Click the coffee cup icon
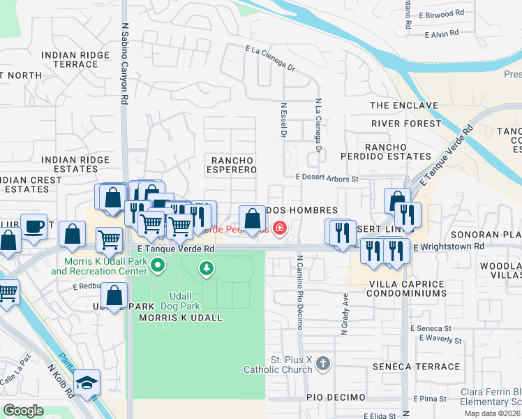tap(33, 226)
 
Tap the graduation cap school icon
tap(87, 382)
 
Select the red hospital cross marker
tap(280, 228)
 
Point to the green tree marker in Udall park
tap(206, 267)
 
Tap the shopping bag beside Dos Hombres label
tap(252, 218)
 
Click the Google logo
tap(23, 410)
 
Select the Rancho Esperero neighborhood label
tap(230, 165)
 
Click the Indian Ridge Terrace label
tap(75, 59)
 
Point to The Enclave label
tap(404, 105)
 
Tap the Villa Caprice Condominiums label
tap(407, 289)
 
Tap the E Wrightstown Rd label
tap(448, 247)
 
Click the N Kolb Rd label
tap(61, 380)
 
